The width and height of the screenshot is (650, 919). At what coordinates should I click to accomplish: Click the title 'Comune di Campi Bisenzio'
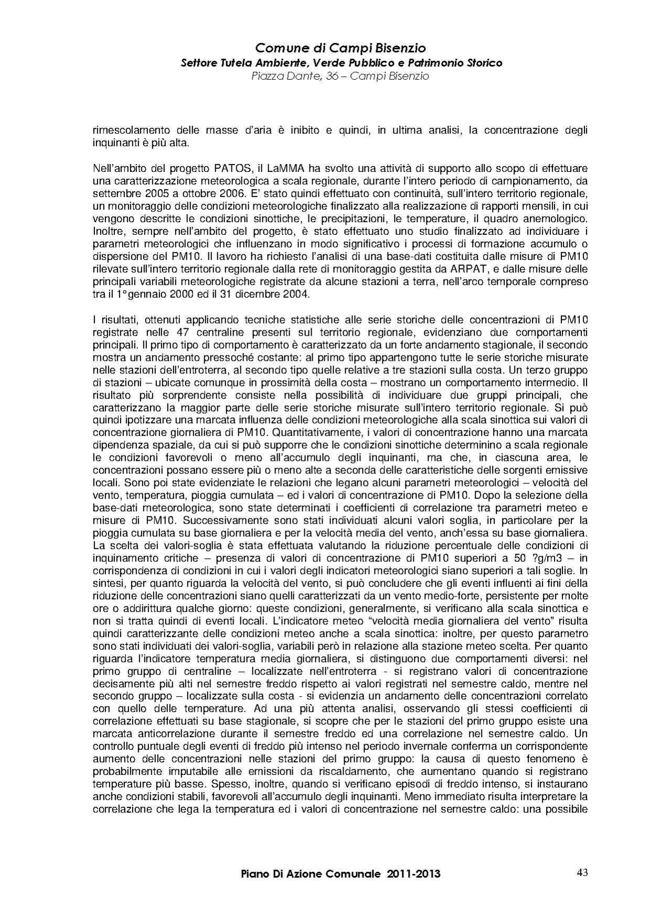[x=340, y=49]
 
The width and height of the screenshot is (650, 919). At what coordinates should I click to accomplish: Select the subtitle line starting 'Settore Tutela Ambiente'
[x=341, y=63]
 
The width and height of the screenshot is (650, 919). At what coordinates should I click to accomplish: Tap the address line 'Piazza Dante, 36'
[x=340, y=77]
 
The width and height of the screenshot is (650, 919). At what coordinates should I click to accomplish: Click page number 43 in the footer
[x=582, y=872]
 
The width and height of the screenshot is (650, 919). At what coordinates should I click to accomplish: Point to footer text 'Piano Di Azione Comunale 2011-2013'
[x=340, y=874]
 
